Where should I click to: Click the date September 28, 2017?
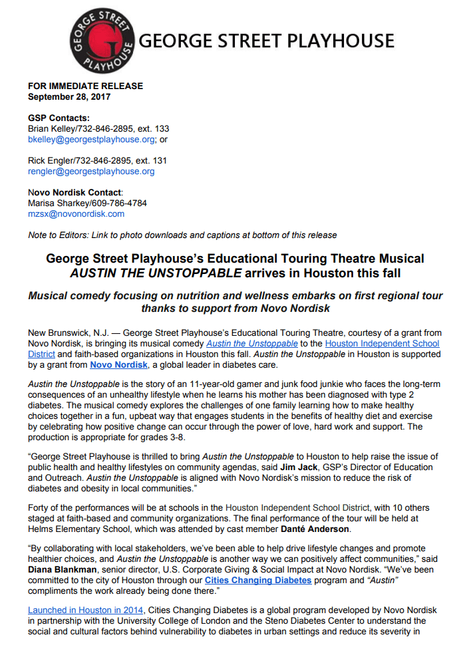click(69, 96)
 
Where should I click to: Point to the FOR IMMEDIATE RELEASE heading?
click(85, 86)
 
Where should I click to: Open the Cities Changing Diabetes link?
click(258, 580)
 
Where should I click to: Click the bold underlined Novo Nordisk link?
click(118, 364)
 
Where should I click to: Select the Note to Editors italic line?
click(182, 235)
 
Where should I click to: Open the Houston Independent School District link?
click(382, 343)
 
